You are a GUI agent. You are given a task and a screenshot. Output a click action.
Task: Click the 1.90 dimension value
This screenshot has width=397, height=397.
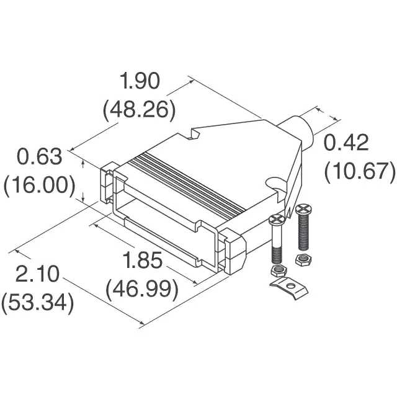140,81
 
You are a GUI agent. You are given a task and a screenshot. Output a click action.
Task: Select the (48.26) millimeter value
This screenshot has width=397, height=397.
139,110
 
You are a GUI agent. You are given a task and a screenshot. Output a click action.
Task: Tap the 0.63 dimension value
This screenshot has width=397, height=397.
39,157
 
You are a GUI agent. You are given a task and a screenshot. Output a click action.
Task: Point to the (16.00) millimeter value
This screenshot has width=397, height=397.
40,186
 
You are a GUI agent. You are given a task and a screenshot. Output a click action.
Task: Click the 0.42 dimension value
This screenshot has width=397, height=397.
346,143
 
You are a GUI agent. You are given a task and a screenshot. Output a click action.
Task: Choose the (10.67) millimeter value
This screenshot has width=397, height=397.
360,172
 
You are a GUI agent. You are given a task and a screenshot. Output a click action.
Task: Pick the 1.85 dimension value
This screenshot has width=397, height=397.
142,260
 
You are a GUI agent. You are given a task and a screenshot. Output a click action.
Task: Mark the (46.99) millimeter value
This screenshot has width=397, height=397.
142,289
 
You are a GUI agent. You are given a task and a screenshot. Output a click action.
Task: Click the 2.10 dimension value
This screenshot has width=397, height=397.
37,274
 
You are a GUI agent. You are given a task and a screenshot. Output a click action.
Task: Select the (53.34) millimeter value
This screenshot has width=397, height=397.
38,303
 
